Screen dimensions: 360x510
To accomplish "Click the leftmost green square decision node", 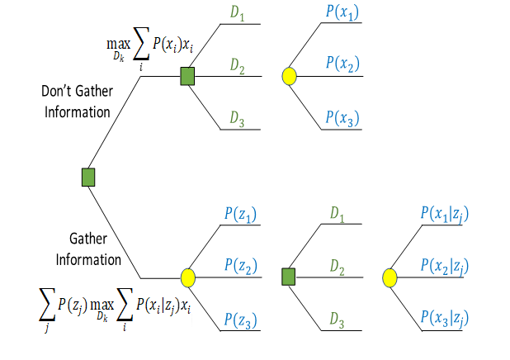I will (x=88, y=177).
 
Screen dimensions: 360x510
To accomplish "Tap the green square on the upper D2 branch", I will (x=187, y=77).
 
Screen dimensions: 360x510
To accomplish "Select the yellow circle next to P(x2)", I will (x=289, y=77).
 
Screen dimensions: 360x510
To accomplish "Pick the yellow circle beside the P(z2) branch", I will (x=187, y=277).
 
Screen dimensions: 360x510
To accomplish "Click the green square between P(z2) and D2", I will (x=289, y=277).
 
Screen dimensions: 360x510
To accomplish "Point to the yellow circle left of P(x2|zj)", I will (x=391, y=277).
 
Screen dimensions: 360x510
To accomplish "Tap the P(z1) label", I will (x=240, y=215).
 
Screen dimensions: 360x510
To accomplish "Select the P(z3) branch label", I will (x=240, y=320).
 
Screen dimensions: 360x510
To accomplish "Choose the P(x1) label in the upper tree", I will (x=342, y=13).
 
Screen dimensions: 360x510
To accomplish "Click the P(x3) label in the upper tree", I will (x=342, y=119).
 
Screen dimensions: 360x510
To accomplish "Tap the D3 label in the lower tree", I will (x=338, y=320).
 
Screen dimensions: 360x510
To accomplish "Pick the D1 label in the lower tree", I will (x=338, y=215).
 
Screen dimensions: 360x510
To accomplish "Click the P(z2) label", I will (x=240, y=266).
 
